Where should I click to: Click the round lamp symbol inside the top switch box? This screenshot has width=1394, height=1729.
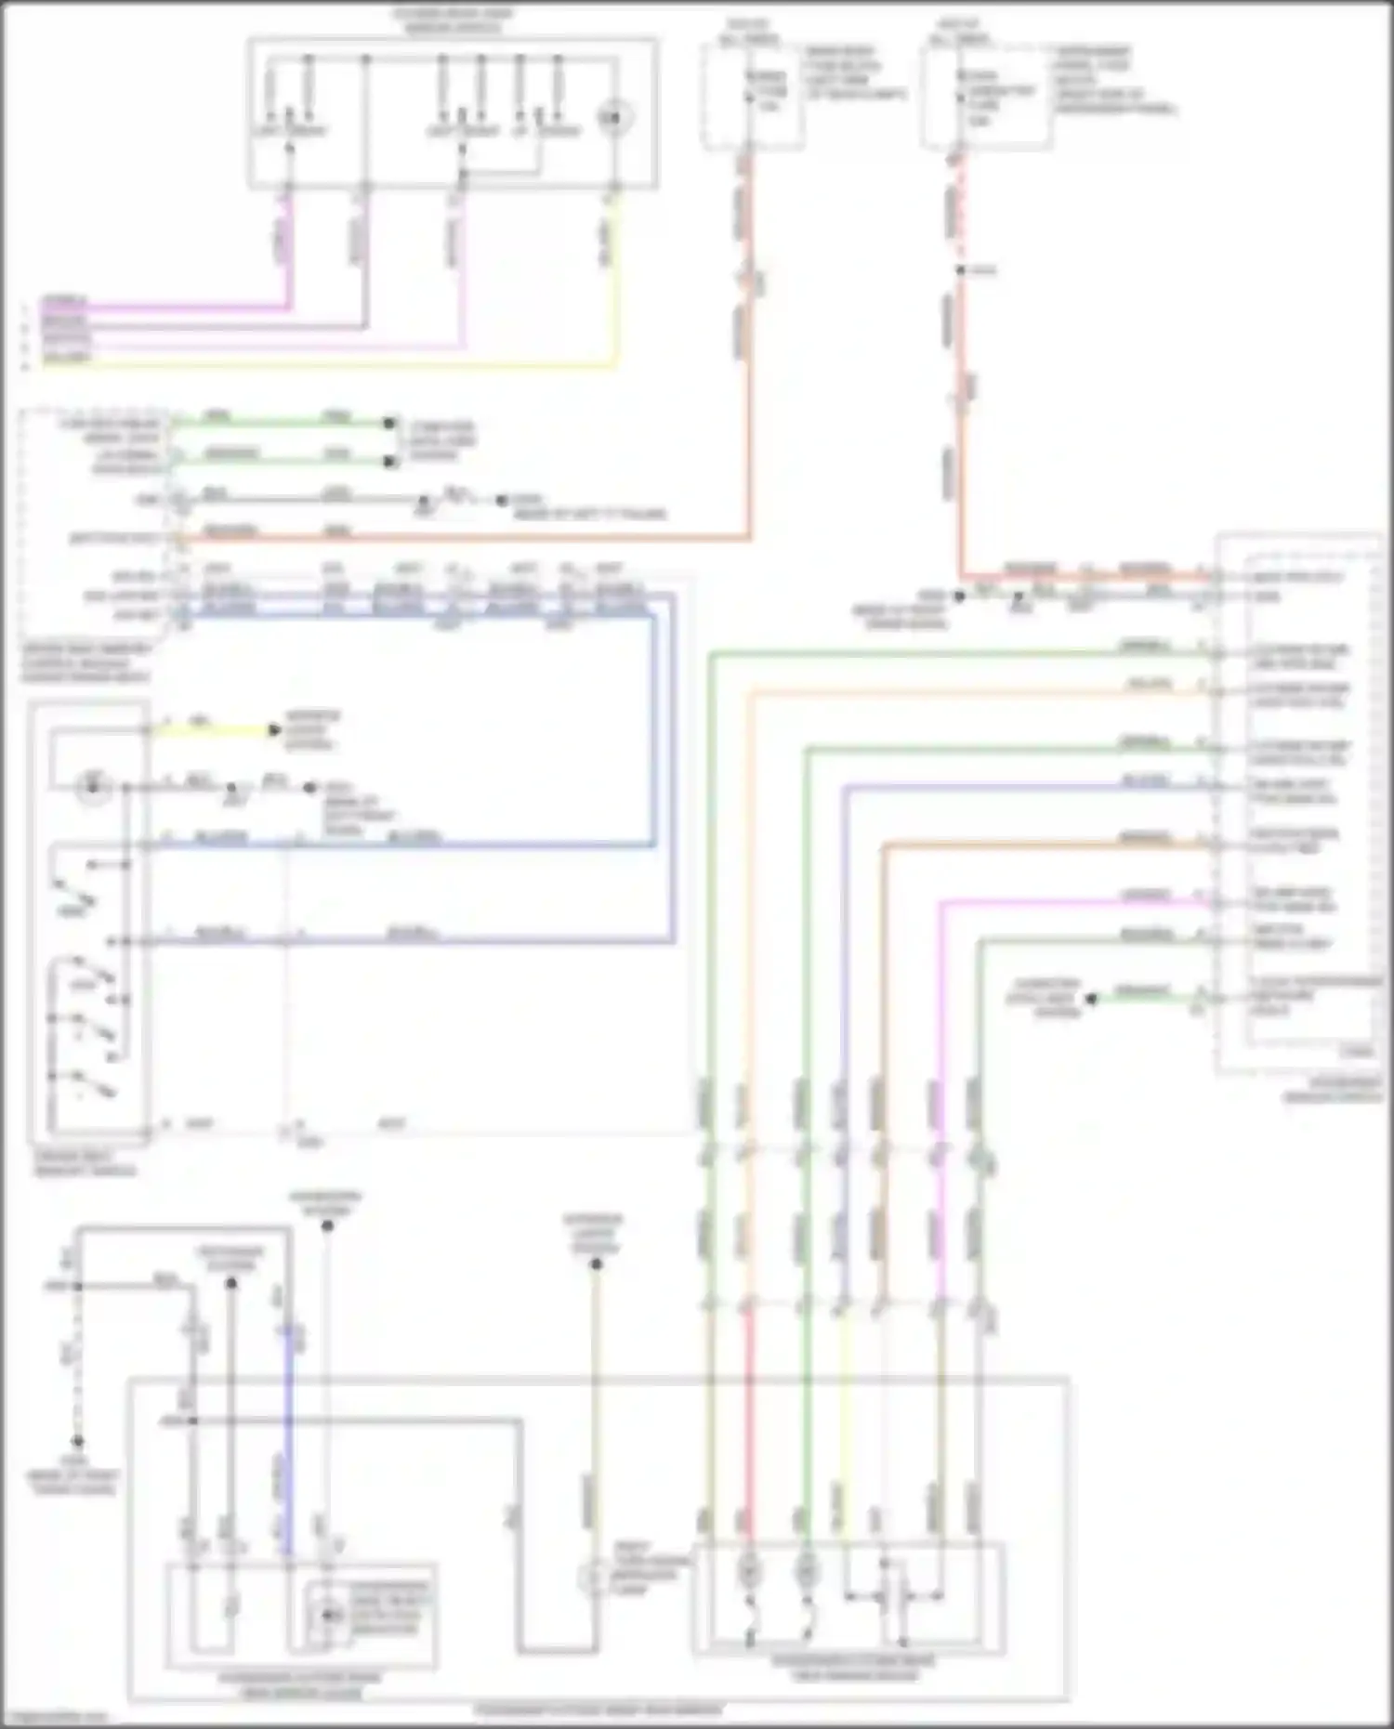[613, 117]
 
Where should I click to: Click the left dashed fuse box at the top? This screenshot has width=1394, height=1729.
[753, 98]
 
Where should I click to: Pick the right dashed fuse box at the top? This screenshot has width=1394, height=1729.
[987, 98]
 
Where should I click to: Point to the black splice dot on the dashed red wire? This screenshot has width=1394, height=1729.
[961, 270]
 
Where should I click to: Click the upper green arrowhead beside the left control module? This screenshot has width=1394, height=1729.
[389, 423]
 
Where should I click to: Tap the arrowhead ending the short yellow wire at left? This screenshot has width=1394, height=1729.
[274, 730]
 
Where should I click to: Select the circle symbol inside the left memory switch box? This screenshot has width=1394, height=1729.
[93, 788]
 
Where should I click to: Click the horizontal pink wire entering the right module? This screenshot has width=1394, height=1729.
[1069, 900]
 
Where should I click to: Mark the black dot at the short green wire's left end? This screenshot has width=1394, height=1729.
[1092, 999]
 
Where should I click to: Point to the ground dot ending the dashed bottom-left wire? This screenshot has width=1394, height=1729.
[78, 1442]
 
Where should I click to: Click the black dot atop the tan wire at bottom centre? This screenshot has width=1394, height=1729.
[597, 1264]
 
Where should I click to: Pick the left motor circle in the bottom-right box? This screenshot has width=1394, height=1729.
[749, 1570]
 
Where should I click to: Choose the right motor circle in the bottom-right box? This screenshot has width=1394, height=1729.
[807, 1570]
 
